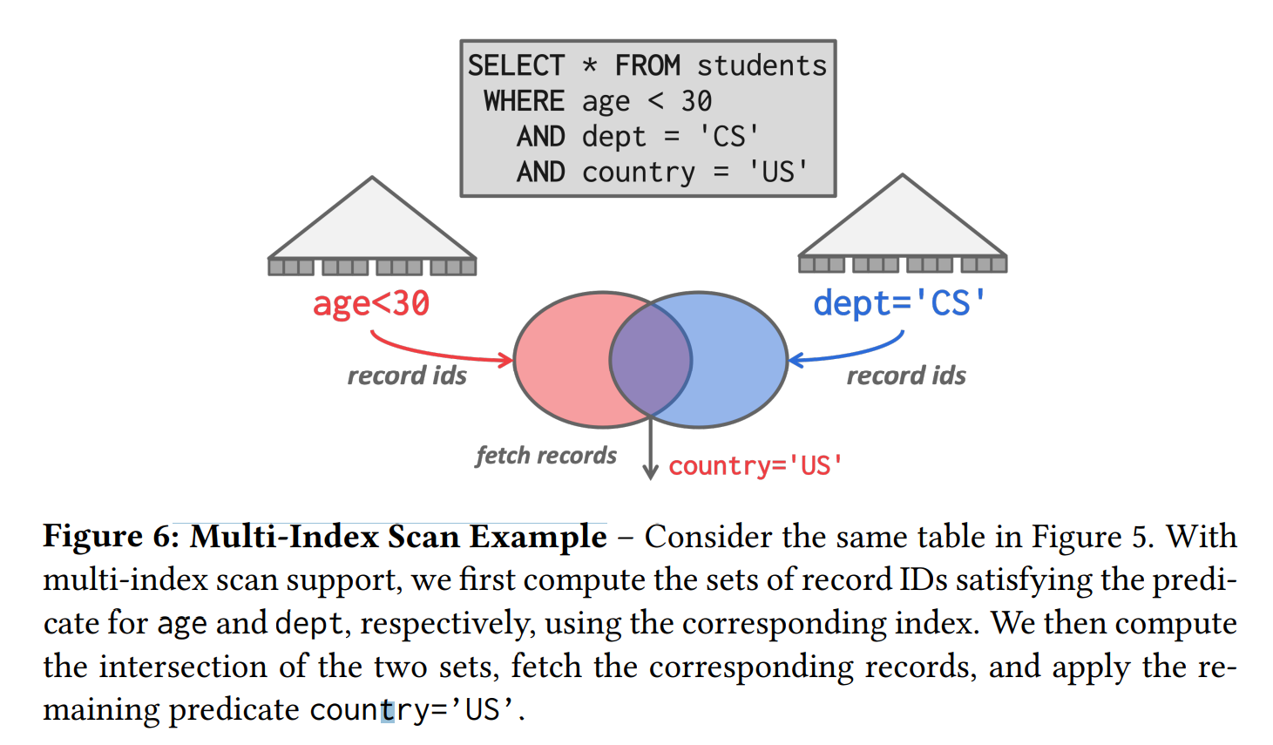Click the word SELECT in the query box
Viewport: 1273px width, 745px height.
(516, 65)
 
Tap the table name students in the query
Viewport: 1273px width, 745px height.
(762, 65)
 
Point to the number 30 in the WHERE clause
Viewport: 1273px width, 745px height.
(696, 101)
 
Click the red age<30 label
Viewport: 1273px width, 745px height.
(371, 303)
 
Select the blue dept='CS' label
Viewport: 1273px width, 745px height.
(899, 303)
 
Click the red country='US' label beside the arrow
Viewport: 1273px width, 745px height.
(755, 465)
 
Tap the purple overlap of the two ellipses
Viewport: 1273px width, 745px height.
(651, 359)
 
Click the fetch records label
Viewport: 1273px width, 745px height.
(545, 455)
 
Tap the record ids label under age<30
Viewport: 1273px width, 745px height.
(407, 376)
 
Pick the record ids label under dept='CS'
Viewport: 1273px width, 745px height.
(906, 376)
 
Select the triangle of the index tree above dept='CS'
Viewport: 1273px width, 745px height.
(903, 225)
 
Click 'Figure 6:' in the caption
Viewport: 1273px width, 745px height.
(111, 536)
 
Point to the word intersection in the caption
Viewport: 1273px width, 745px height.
(183, 667)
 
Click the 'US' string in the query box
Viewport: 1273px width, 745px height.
(779, 172)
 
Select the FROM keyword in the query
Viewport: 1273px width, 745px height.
(647, 65)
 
